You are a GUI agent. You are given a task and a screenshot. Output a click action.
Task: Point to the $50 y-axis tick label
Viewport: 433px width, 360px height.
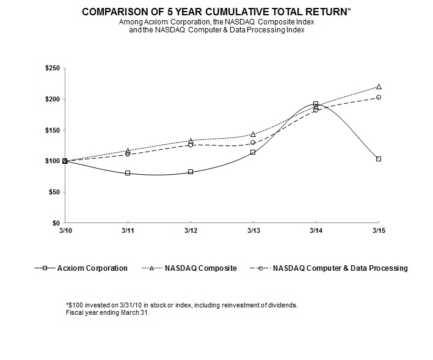tap(53, 192)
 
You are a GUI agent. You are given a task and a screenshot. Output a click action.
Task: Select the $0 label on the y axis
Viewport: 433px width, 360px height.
tap(56, 223)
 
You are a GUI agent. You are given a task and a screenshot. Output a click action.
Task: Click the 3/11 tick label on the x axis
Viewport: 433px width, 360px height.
tap(128, 230)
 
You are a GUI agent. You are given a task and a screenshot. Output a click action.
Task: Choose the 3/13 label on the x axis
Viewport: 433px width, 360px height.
tap(253, 230)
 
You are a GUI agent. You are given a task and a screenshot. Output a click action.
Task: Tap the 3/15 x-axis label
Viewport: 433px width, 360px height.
tap(379, 230)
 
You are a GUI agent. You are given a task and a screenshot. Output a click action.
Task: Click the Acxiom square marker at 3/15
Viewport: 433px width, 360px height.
tap(379, 159)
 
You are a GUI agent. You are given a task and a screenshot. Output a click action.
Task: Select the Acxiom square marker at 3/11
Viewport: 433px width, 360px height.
tap(128, 173)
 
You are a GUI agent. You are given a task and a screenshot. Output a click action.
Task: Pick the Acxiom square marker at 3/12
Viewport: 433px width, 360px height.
tap(191, 172)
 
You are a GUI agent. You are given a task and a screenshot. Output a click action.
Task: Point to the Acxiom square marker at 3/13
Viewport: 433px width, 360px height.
tap(253, 152)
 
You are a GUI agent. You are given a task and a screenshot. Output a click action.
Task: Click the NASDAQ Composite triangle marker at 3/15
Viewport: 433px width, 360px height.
tap(379, 87)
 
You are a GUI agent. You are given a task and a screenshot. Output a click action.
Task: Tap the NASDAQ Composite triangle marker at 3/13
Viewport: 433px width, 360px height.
tap(253, 134)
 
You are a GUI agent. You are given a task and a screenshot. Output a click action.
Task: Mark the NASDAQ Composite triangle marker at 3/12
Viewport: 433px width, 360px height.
tap(191, 141)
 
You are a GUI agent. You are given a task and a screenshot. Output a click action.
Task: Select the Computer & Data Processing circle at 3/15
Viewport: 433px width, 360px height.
tap(379, 97)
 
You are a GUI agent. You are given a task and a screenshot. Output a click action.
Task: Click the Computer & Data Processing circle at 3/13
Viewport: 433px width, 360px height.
tap(253, 142)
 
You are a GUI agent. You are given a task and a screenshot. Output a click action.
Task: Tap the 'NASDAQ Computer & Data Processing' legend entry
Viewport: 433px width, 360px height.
tap(340, 268)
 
